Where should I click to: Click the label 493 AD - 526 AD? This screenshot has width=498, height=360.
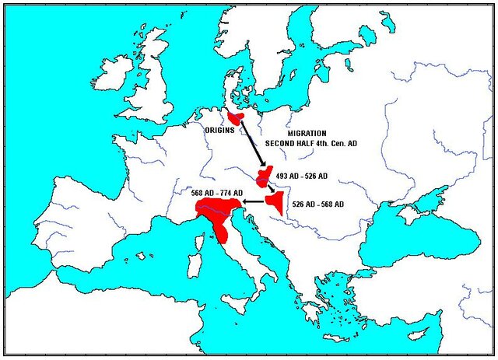point(301,177)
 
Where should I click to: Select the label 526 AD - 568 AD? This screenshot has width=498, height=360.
point(317,204)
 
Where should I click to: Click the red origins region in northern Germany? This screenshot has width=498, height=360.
point(235,118)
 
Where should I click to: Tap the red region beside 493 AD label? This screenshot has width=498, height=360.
point(264,177)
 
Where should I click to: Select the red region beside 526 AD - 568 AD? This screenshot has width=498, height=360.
point(275,201)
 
